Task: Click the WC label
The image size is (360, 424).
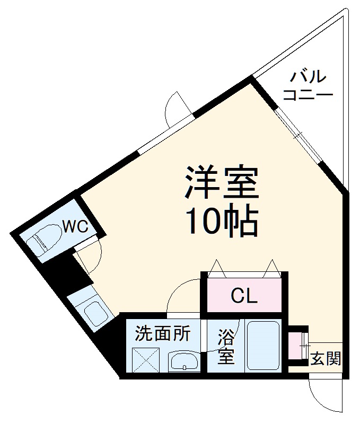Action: (x=75, y=227)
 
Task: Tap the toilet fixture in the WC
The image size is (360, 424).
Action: (x=44, y=238)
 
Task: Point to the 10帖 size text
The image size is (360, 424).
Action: (x=221, y=221)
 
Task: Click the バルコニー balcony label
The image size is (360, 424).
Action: (x=308, y=86)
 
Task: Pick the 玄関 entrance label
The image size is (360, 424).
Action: (x=325, y=359)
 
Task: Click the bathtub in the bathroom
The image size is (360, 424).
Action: (x=263, y=345)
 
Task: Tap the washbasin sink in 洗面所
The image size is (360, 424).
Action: (x=183, y=361)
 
